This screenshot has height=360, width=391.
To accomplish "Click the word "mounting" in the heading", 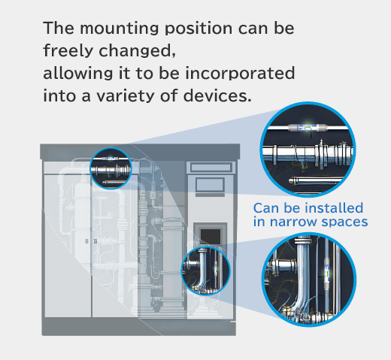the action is pos(120,29).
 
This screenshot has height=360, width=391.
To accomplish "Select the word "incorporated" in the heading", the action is pos(240,73).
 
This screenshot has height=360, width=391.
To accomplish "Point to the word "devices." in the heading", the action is pos(217,95).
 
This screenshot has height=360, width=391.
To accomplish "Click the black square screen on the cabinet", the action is pos(211,236).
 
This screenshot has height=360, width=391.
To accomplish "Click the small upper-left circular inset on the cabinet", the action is pos(111,168).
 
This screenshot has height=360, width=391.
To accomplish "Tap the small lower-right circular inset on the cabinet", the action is pos(206,271).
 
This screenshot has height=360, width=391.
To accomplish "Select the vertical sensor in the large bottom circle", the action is pos(327,273).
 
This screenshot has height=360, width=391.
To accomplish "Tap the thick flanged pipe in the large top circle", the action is pos(308,153).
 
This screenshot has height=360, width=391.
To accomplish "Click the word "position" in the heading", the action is pos(199,29).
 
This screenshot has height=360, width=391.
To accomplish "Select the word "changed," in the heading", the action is pos(137,51).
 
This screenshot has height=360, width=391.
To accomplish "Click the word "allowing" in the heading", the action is pos(78,74).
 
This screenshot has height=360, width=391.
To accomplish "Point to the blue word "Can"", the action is pos(266,208).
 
